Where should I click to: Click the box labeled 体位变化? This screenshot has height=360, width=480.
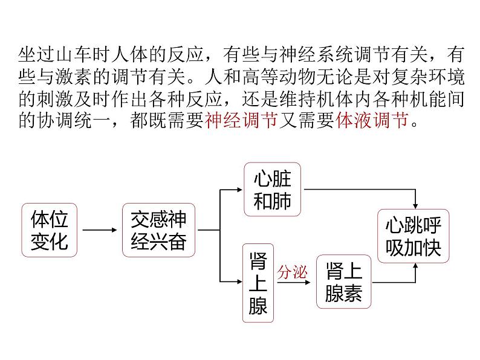click(x=50, y=230)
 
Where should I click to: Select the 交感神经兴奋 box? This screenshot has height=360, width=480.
click(x=158, y=230)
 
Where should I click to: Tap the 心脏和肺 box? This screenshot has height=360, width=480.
click(x=273, y=189)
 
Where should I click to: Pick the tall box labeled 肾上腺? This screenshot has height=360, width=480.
click(x=258, y=283)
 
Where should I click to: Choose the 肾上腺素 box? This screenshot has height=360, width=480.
click(x=344, y=281)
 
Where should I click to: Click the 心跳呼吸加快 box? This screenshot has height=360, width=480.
click(x=414, y=236)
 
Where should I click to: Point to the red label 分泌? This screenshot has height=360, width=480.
click(x=292, y=272)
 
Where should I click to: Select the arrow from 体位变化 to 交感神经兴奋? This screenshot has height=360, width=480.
click(x=100, y=230)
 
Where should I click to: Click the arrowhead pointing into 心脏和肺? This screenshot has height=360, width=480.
click(x=240, y=190)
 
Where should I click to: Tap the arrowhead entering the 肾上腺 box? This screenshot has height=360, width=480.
click(x=239, y=281)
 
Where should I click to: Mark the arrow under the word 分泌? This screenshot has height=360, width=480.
click(x=294, y=282)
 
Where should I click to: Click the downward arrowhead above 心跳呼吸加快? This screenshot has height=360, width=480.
click(x=415, y=206)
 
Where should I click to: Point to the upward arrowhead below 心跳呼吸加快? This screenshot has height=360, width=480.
click(x=415, y=267)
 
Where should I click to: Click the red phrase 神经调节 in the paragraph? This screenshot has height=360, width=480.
click(x=242, y=120)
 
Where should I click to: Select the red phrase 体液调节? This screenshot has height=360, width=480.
click(x=372, y=120)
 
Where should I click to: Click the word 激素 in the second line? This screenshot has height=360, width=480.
click(x=74, y=77)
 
